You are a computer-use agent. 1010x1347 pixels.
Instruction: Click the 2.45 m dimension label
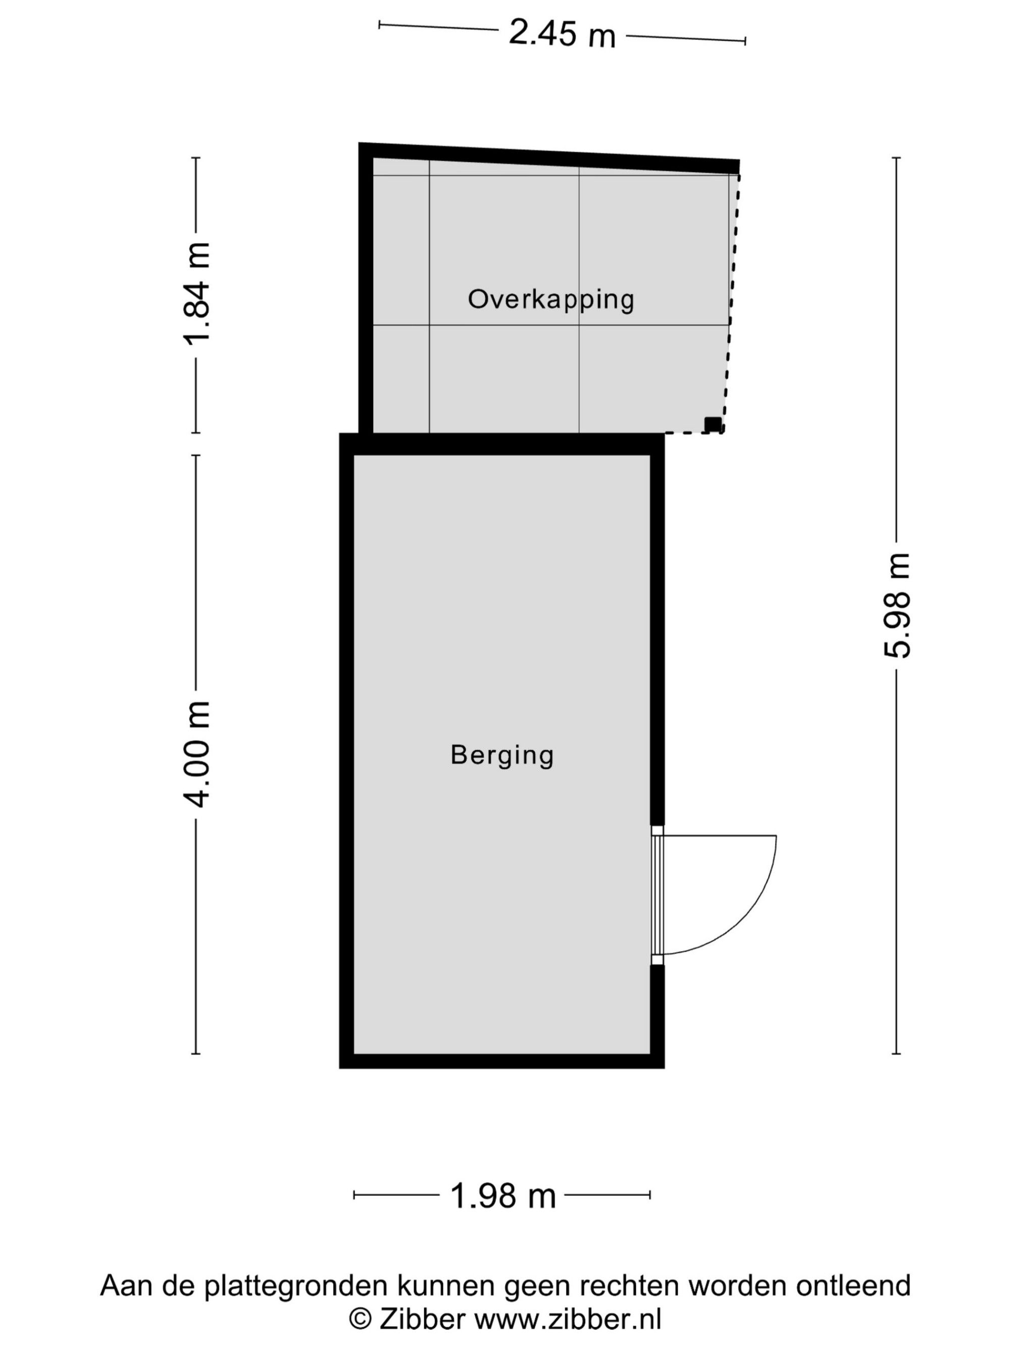tap(562, 33)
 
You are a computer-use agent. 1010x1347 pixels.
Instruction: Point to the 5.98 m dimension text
tap(896, 605)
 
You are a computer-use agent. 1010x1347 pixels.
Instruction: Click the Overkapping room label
tap(551, 300)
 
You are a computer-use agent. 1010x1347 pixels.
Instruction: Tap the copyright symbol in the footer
tap(361, 1320)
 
